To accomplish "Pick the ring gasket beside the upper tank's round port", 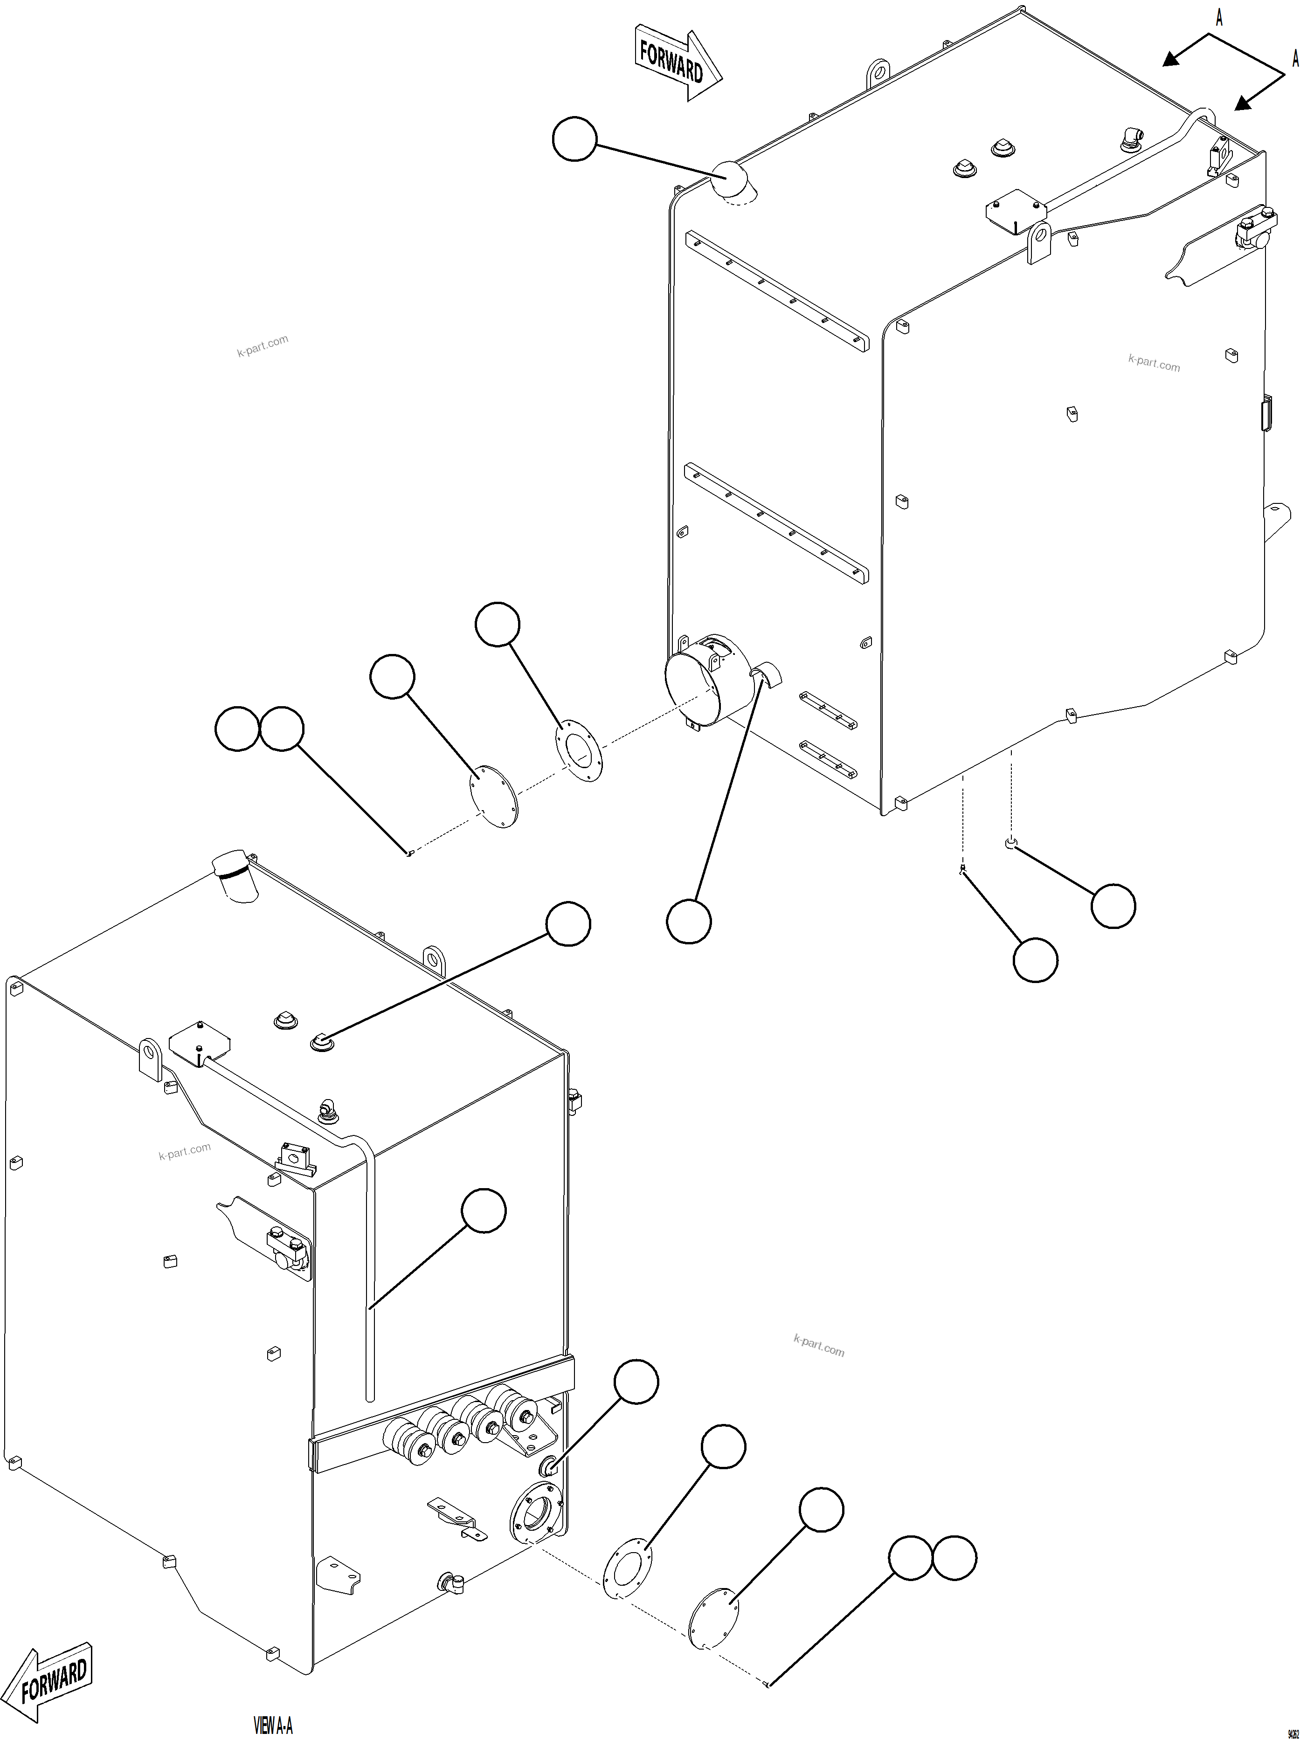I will pos(578,748).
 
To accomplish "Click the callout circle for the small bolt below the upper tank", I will pos(1035,960).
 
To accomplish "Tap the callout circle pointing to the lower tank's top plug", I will pos(568,924).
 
